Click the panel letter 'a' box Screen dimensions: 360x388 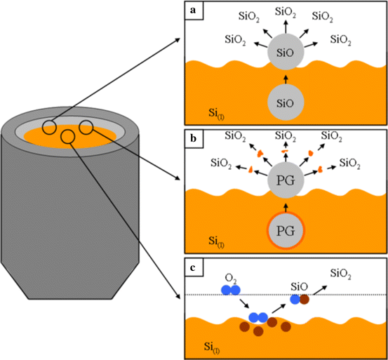click(191, 9)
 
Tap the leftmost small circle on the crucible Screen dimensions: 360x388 click(50, 127)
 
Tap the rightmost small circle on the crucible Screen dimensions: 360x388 click(86, 127)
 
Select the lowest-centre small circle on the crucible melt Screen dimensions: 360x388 click(68, 136)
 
